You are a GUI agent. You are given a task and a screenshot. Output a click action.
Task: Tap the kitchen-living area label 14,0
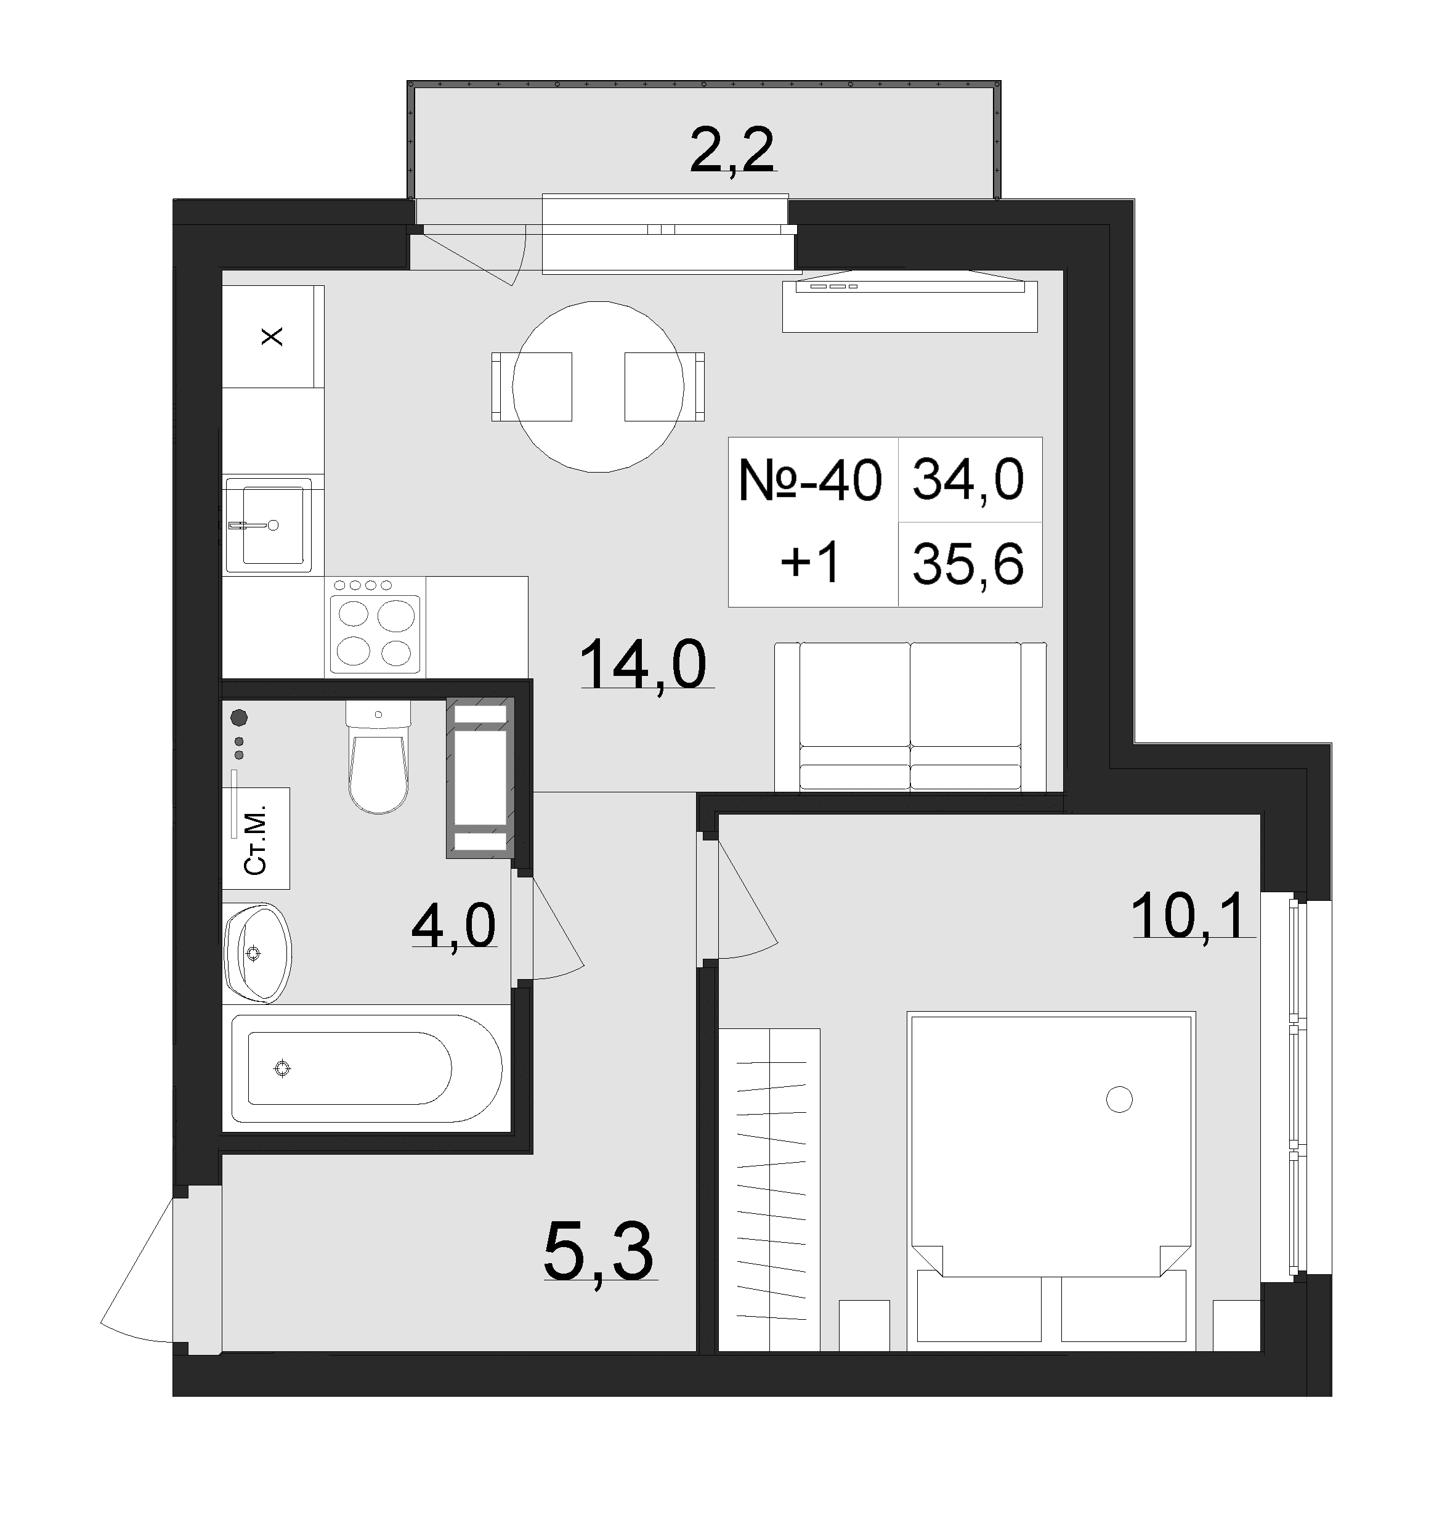[642, 665]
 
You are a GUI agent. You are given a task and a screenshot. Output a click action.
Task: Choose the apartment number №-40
[810, 480]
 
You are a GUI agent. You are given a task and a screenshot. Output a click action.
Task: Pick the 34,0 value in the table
[968, 480]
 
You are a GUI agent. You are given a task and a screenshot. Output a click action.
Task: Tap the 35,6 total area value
[968, 564]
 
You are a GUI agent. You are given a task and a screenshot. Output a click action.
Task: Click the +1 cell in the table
[810, 564]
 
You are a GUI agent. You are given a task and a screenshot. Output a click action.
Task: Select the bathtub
[367, 1069]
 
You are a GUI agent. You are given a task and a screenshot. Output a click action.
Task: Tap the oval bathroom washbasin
[257, 953]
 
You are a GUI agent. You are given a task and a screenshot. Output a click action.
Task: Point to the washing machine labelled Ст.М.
[256, 839]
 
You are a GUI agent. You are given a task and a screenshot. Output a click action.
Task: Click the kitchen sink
[268, 525]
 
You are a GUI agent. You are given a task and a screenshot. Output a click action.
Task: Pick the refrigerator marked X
[273, 337]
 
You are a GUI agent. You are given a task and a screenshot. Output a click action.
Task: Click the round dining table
[598, 386]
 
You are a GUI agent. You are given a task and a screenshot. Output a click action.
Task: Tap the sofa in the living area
[910, 716]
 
